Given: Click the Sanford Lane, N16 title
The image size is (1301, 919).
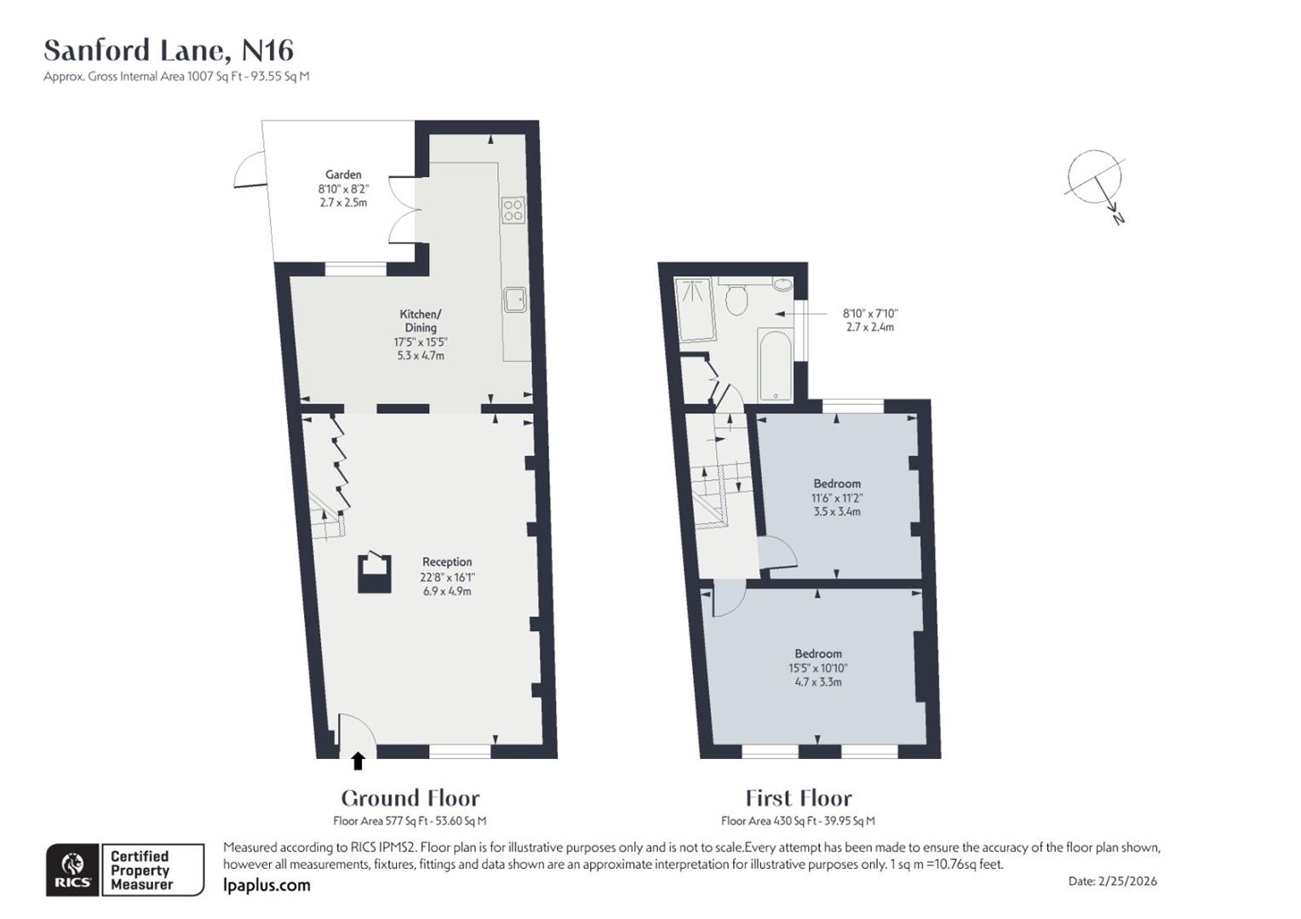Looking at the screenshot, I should [169, 51].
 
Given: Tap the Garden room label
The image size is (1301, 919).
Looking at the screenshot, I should [343, 174].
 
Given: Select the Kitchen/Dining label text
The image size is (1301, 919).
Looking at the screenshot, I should [421, 321].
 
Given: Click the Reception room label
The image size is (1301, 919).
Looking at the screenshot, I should [447, 562].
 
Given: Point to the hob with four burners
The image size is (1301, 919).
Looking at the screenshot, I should [513, 209].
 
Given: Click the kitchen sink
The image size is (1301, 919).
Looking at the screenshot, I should [514, 299].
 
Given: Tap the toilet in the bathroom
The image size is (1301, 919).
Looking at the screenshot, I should [736, 299].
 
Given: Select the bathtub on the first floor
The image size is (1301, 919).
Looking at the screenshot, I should [775, 365].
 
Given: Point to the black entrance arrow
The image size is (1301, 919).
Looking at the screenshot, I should [358, 761].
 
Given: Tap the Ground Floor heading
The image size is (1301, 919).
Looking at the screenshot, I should [410, 798].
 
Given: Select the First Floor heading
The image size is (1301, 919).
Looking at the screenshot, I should [798, 798].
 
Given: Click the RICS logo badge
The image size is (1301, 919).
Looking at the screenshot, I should [73, 870].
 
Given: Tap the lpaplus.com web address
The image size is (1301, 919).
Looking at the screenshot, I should [267, 885].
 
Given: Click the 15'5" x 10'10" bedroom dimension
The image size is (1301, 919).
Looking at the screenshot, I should [818, 668].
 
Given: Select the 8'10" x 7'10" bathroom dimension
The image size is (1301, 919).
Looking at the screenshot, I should [870, 313].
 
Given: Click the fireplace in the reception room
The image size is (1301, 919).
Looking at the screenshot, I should [375, 573].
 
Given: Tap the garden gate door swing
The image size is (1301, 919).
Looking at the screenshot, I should [249, 170].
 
